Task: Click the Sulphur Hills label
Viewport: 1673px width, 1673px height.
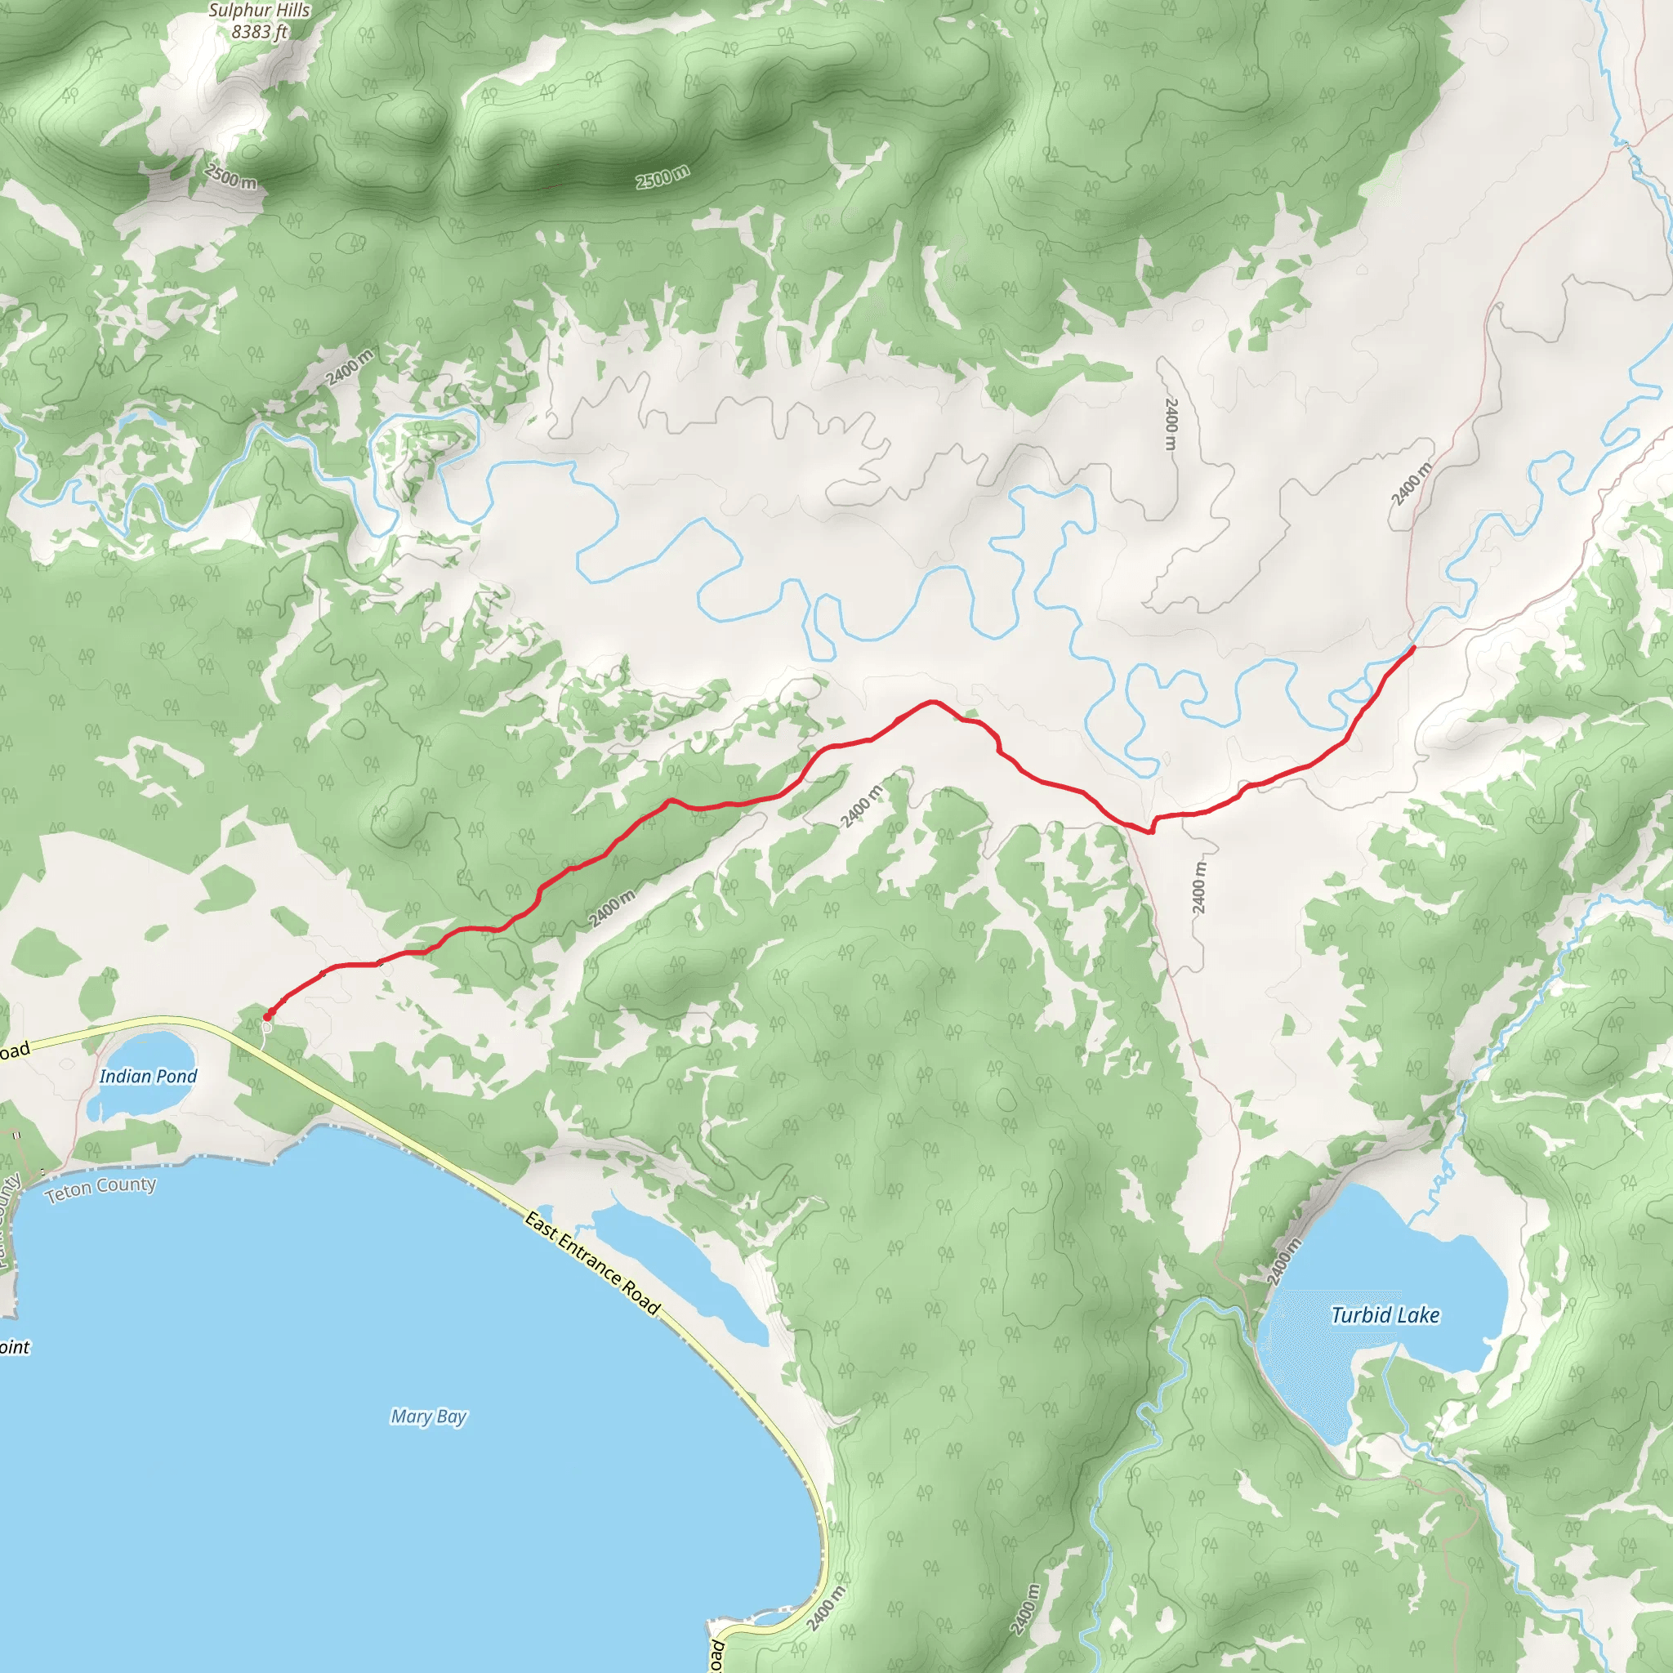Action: tap(259, 11)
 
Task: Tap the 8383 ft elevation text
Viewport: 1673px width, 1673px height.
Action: tap(259, 32)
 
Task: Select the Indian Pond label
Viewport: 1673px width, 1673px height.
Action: tap(148, 1076)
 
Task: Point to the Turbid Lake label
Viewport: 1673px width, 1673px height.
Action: tap(1385, 1315)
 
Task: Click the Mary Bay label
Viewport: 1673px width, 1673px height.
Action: tap(428, 1416)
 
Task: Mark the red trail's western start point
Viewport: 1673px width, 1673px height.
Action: tap(266, 1015)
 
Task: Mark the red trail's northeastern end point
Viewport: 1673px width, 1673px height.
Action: tap(1413, 647)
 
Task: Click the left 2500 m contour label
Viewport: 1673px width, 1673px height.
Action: tap(230, 176)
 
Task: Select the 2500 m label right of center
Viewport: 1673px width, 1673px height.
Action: tap(663, 176)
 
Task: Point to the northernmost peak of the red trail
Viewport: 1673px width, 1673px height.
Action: tap(931, 702)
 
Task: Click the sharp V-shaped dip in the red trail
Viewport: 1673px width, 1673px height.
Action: tap(1151, 832)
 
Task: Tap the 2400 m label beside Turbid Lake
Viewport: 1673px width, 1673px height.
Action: tap(1283, 1260)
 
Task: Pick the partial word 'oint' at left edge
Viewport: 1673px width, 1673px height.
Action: tap(15, 1346)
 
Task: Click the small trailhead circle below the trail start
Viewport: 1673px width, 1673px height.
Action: tap(266, 1027)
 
